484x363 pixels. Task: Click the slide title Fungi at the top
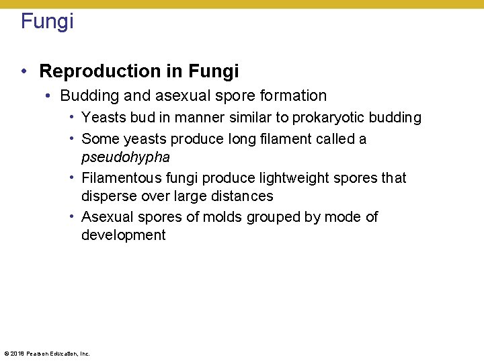(47, 21)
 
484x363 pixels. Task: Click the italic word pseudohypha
(125, 157)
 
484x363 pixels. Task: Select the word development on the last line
(123, 235)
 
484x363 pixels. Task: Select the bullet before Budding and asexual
(48, 96)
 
